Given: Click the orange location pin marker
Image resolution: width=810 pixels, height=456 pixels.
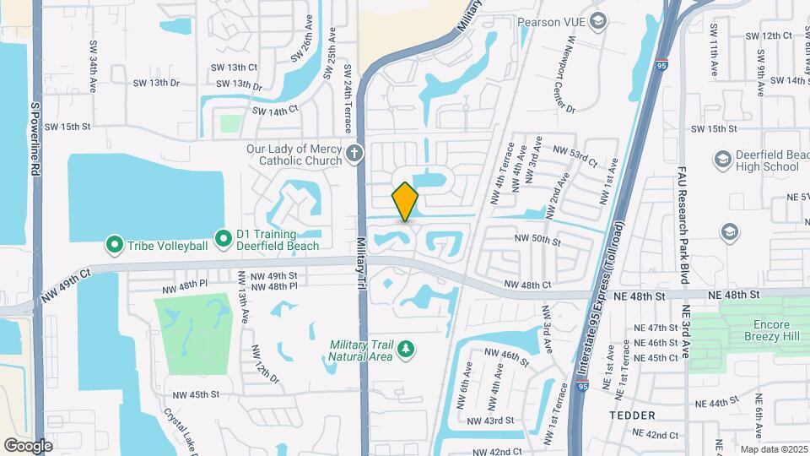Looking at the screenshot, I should click(x=405, y=202).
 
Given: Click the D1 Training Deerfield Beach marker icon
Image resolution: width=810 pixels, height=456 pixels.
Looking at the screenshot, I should click(x=224, y=240).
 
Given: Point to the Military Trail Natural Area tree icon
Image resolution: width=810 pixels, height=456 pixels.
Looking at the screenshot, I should click(x=406, y=348).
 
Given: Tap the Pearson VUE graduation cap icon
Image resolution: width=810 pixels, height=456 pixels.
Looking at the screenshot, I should click(x=598, y=21).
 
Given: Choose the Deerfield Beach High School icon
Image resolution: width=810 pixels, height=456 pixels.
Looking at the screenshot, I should click(x=722, y=160).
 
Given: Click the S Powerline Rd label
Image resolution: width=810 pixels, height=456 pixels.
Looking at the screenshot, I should click(x=35, y=139).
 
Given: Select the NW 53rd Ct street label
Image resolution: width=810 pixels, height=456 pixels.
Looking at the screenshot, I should click(x=575, y=155).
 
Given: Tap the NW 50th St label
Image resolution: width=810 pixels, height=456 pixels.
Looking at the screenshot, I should click(x=538, y=241).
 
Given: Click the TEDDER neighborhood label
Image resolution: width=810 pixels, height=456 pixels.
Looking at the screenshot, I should click(x=631, y=415).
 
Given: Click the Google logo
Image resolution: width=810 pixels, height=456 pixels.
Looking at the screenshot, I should click(x=29, y=445).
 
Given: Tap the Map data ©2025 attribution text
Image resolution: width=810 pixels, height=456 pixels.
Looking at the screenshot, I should click(x=774, y=449).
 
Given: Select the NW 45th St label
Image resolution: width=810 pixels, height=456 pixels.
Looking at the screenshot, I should click(x=196, y=394).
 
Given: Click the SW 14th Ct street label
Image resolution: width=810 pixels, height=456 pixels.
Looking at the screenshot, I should click(x=275, y=111).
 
